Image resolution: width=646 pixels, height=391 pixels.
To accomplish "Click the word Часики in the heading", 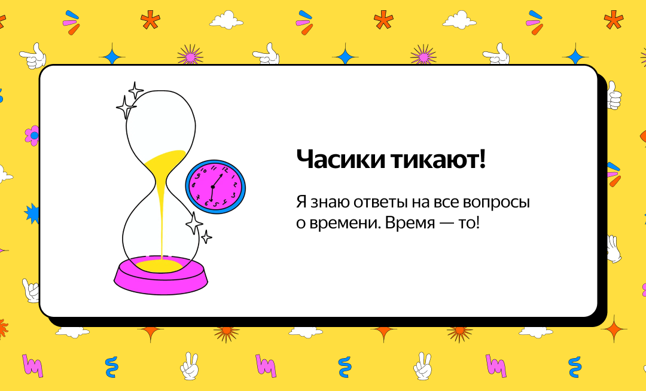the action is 341,159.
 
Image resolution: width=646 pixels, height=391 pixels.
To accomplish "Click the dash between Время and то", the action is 447,224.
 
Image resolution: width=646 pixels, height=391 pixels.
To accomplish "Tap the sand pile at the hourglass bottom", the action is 161,265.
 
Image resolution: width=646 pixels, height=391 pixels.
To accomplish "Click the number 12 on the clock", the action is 224,169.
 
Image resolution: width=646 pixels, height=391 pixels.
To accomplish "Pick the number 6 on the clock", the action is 206,203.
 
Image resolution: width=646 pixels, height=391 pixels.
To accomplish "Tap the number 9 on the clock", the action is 197,176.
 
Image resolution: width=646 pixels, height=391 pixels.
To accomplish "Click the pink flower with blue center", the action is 32,135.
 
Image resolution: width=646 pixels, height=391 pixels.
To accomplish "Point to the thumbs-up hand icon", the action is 614,95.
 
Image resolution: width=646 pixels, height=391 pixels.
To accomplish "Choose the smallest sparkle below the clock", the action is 206,237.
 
